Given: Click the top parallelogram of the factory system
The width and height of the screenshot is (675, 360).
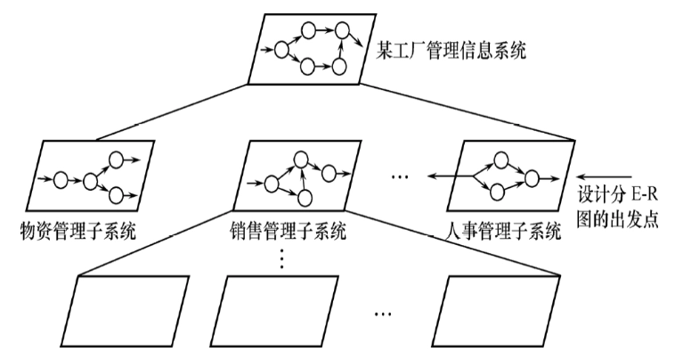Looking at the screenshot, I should tap(311, 52).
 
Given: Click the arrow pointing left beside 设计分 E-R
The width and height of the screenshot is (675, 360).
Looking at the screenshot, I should tap(602, 176).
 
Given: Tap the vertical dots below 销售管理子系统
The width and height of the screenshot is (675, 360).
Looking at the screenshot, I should tap(282, 258).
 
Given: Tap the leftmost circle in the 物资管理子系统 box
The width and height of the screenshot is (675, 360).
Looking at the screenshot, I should tap(61, 180).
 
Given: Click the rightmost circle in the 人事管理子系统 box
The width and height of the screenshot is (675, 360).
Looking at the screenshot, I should tap(532, 176).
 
